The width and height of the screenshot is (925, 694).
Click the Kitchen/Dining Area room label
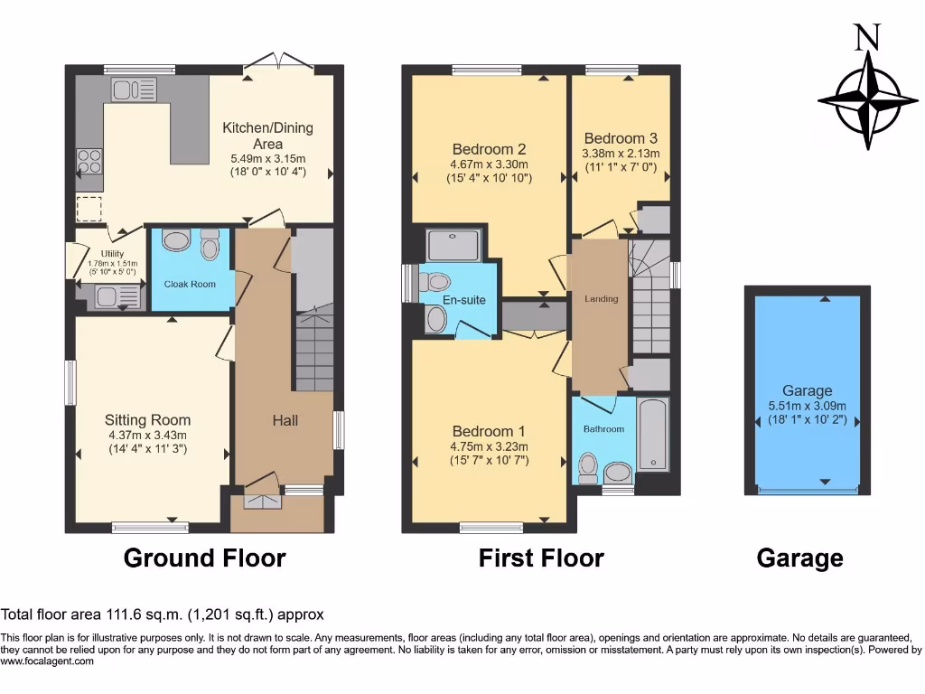tap(267, 136)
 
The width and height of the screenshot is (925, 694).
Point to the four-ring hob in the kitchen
tap(89, 161)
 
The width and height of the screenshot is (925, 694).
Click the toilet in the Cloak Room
tap(210, 245)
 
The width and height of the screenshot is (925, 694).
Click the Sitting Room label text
tap(147, 419)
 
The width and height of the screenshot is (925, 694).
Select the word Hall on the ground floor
tap(285, 420)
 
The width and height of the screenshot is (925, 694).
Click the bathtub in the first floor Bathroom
tap(653, 435)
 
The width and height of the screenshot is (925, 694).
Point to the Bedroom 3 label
tap(621, 138)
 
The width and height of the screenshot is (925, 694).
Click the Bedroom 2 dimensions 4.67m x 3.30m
tap(489, 164)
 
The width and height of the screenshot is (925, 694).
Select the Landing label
tap(601, 298)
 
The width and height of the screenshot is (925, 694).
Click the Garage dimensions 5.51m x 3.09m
tap(807, 405)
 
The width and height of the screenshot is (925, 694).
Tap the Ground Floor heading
tap(204, 558)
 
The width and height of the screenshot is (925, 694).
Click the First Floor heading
tap(541, 558)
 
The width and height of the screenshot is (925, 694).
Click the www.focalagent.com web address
tap(47, 661)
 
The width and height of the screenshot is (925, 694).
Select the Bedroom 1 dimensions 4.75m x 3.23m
tap(489, 446)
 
